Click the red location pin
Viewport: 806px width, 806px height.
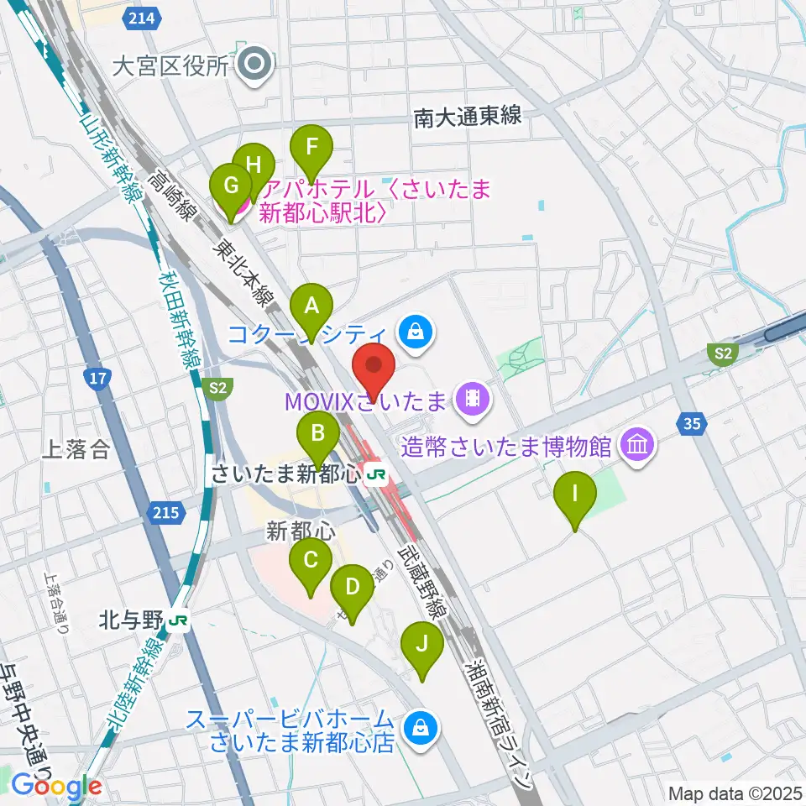(373, 367)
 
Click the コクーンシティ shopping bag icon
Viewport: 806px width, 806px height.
(416, 333)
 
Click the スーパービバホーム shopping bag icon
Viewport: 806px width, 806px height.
(417, 728)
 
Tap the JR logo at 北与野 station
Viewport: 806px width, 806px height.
(177, 621)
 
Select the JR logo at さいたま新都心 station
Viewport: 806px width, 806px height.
(376, 474)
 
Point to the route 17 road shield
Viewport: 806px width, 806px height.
(97, 378)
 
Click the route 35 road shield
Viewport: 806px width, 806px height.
(691, 424)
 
